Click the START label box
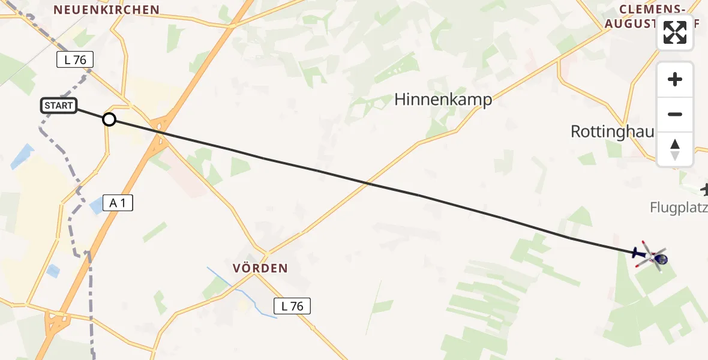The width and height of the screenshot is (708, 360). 58,106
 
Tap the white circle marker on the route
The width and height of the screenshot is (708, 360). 109,119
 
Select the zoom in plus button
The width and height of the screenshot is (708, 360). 675,79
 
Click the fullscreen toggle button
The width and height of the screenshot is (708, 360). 675,32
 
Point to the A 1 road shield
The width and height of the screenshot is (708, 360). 118,203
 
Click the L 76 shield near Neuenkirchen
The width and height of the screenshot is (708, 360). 75,59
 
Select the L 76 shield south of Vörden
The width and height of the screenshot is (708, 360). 292,306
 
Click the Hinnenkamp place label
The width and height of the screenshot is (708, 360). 443,100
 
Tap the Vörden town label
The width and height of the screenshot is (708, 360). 262,268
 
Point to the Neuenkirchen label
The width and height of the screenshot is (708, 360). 106,10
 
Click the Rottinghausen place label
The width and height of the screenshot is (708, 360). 612,131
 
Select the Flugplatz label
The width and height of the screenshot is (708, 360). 679,208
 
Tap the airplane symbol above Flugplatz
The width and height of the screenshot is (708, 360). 704,190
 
